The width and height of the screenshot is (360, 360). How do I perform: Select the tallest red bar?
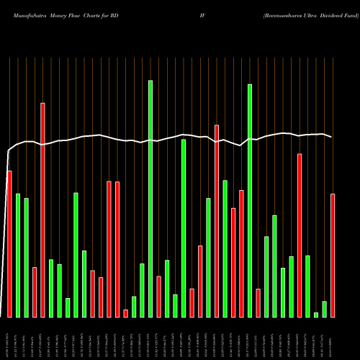(x=42, y=210)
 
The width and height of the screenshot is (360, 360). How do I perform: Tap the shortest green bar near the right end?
(x=316, y=315)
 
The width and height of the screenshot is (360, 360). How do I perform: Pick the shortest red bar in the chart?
(x=125, y=313)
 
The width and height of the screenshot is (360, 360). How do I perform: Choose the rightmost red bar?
(x=333, y=255)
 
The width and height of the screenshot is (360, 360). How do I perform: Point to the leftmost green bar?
(x=18, y=255)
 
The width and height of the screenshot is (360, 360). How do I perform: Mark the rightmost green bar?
(x=324, y=309)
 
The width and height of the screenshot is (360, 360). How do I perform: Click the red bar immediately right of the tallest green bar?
(x=158, y=296)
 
